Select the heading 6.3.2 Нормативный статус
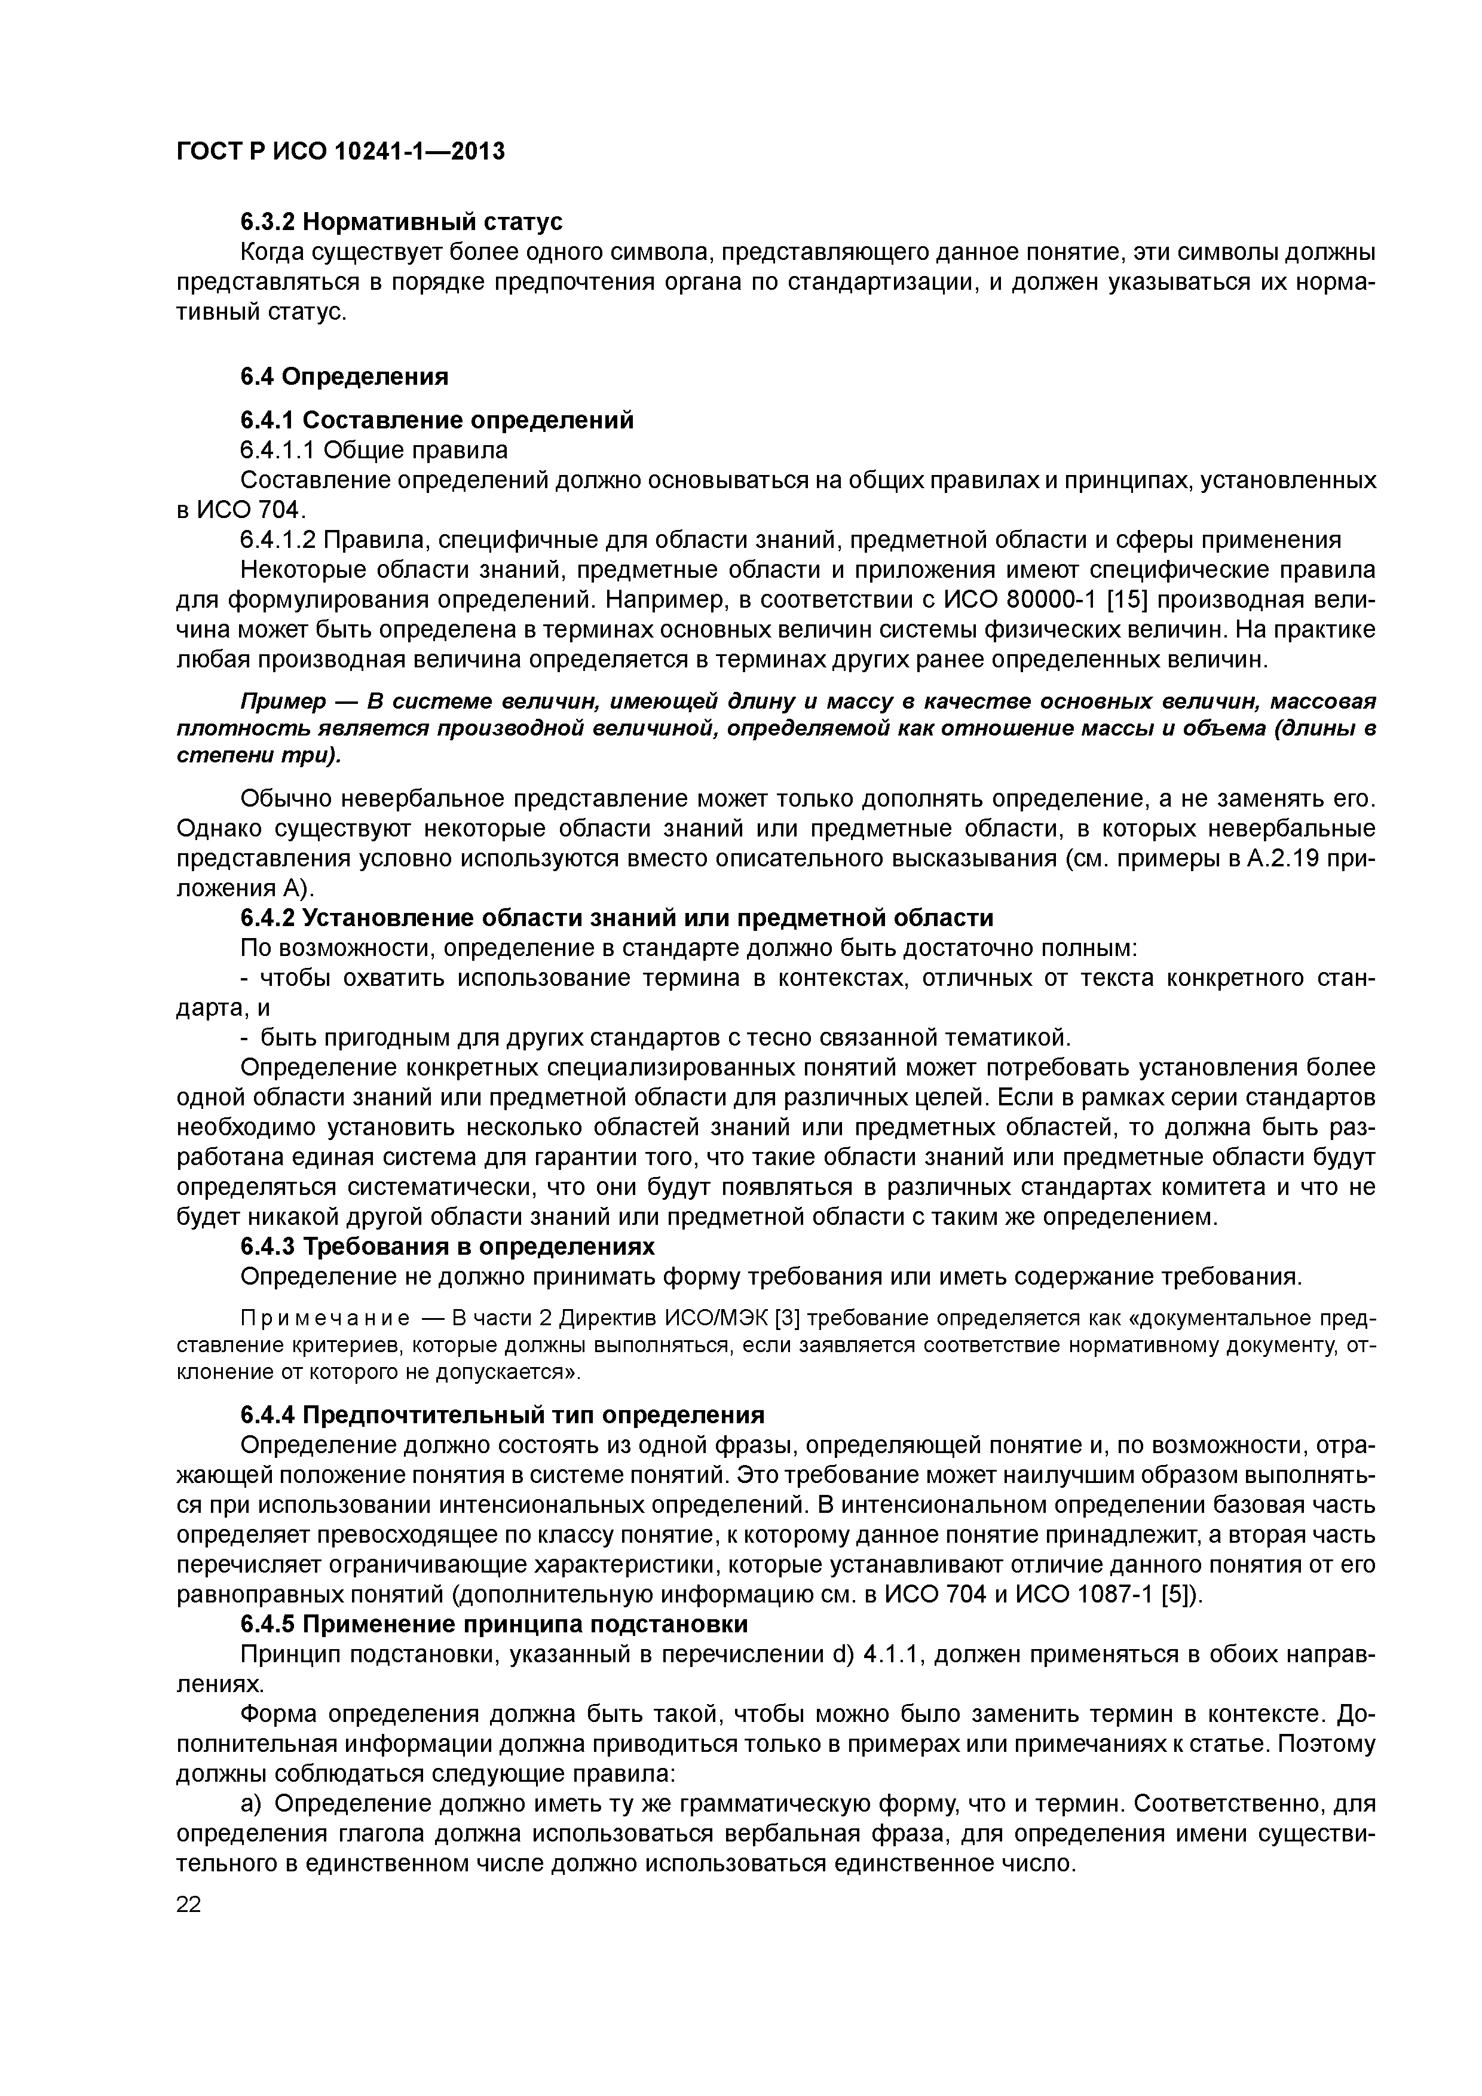[401, 222]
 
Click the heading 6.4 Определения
[344, 376]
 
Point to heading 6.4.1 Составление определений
[436, 420]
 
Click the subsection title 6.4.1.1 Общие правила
[373, 450]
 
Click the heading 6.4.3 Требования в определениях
[448, 1246]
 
